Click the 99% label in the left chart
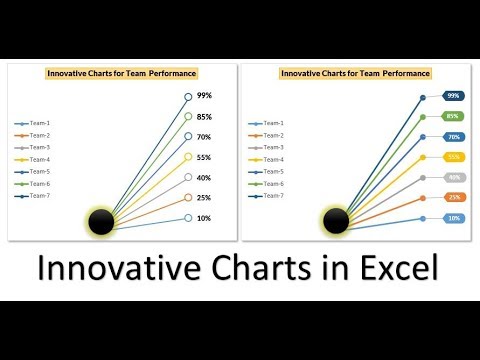[204, 96]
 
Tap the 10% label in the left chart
[203, 218]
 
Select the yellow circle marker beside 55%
[187, 157]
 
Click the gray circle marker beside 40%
[187, 178]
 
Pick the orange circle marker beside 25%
[187, 198]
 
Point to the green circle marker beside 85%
[187, 116]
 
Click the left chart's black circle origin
[102, 221]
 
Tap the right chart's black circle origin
[336, 221]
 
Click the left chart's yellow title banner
[122, 73]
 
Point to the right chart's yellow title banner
[355, 73]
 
